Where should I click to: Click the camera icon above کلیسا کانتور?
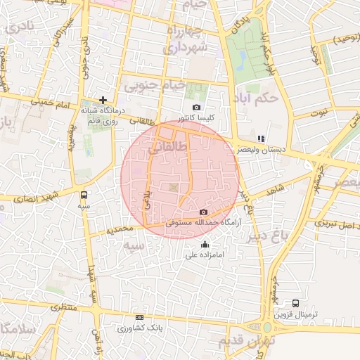[196, 108]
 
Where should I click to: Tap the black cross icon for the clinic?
[103, 100]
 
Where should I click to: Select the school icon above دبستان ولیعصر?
[261, 139]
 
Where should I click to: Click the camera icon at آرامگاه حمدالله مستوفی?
[204, 212]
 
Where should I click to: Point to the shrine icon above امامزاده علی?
[205, 245]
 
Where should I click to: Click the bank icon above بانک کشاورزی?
[139, 318]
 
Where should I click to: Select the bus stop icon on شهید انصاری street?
[84, 194]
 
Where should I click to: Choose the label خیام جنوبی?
[154, 86]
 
